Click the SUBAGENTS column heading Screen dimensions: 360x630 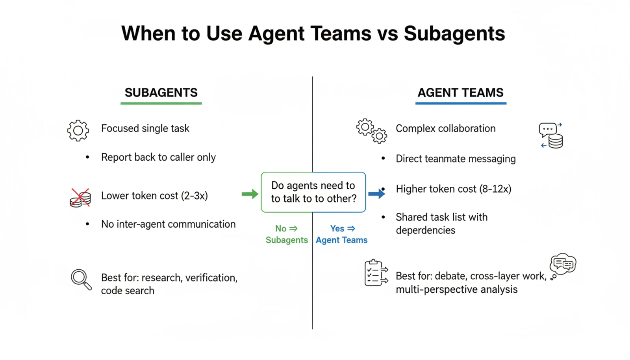click(161, 93)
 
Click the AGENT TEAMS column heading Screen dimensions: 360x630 click(460, 93)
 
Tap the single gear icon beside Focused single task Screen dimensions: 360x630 click(78, 130)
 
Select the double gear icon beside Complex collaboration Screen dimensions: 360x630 click(372, 131)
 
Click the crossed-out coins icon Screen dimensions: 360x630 click(80, 198)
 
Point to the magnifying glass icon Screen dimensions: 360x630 click(81, 279)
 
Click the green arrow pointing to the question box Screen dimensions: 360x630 click(250, 194)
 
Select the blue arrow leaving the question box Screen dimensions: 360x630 click(376, 194)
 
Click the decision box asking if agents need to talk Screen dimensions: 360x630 click(313, 192)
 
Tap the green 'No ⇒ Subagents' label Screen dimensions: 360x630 click(287, 234)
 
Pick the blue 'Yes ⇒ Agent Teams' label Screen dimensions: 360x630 click(341, 234)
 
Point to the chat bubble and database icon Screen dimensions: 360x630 click(551, 135)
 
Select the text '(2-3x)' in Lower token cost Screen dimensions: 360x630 click(195, 196)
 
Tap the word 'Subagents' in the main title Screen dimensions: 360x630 click(454, 33)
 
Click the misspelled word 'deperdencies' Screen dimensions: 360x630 click(425, 230)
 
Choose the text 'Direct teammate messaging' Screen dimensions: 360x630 click(456, 159)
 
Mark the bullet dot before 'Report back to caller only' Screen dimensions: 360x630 click(87, 158)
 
